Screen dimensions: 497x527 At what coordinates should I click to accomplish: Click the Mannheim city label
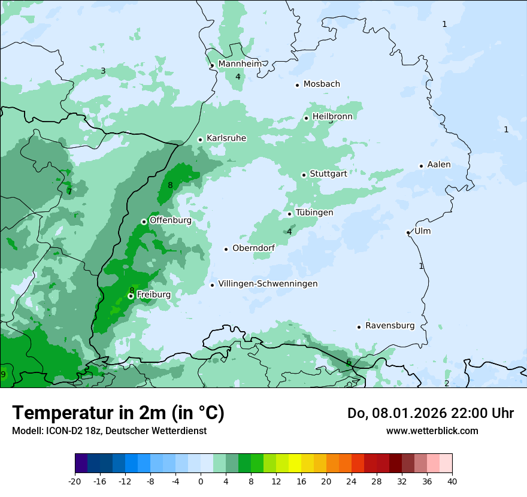point(240,63)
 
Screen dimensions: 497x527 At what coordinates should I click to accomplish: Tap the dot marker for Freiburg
point(131,296)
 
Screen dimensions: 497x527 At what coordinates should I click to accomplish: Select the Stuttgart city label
point(328,174)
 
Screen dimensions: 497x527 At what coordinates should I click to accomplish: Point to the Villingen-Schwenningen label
point(268,284)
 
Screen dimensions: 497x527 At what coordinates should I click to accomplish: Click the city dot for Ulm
point(408,232)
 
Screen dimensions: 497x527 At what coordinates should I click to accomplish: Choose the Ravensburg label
point(390,326)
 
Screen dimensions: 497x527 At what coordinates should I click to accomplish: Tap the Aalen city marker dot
point(421,166)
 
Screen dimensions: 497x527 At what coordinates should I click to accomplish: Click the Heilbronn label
point(332,116)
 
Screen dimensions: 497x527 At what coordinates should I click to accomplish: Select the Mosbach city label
point(322,84)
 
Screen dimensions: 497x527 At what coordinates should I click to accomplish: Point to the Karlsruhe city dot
point(201,140)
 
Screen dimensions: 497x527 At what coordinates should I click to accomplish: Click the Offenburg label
point(171,220)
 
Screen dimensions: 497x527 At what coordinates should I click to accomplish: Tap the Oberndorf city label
point(253,248)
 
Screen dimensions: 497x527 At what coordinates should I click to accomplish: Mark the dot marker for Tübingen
point(289,214)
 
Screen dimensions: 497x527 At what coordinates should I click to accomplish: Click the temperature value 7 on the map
point(69,192)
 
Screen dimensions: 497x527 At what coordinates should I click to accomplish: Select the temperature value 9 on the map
point(3,375)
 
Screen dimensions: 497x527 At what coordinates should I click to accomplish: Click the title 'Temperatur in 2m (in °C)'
point(118,413)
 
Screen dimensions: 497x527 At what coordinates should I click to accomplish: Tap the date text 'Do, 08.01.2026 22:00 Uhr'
point(430,413)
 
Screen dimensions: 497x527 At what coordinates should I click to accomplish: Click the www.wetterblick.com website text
point(432,431)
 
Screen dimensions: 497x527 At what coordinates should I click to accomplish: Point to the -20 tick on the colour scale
point(75,481)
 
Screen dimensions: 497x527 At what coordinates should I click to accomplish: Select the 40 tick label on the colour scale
point(452,481)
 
